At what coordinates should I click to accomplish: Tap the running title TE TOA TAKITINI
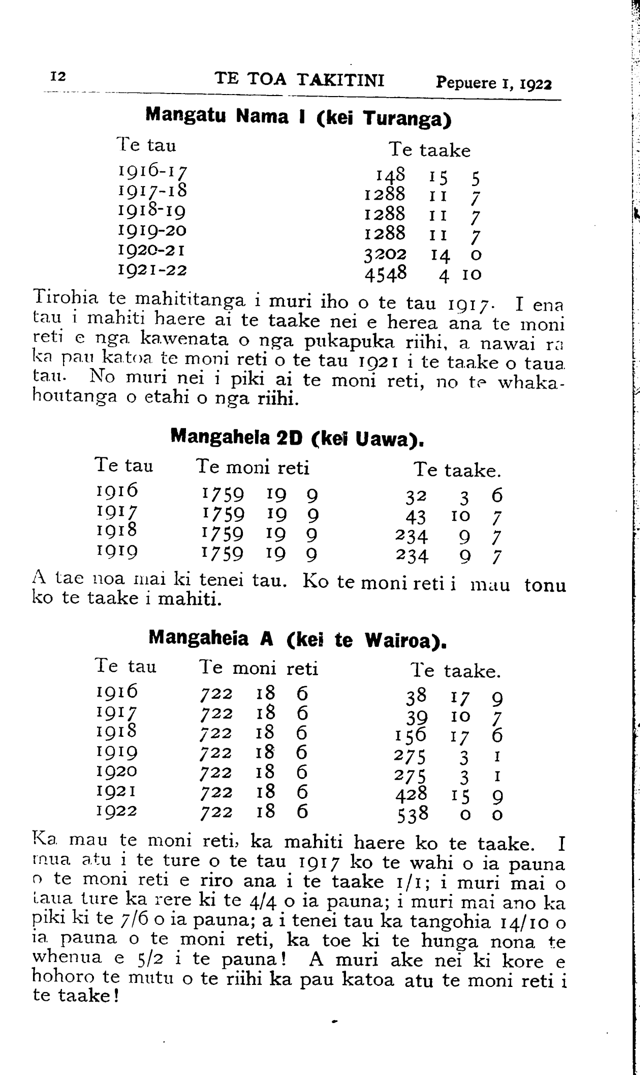pos(299,80)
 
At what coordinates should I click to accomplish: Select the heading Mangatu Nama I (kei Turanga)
pos(298,117)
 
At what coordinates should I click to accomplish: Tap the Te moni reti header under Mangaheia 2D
pos(253,467)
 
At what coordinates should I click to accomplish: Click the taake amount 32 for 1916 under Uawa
pos(416,496)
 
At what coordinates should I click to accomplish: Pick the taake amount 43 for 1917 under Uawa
pos(416,516)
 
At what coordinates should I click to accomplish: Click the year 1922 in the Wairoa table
pos(116,810)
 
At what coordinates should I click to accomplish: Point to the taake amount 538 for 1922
pos(413,815)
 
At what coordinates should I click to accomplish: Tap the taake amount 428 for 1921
pos(411,794)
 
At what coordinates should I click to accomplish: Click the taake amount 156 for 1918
pos(410,735)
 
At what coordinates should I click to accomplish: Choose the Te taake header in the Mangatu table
pos(429,150)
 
